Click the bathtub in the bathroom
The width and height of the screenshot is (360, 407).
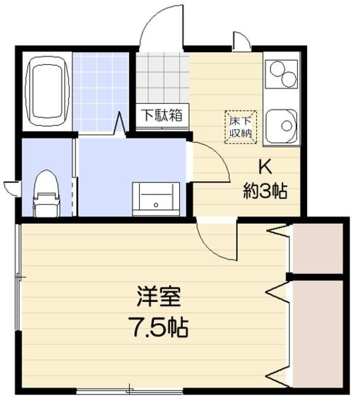point(47,90)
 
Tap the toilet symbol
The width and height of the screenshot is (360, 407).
point(46,192)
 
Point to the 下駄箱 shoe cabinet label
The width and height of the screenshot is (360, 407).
point(162,116)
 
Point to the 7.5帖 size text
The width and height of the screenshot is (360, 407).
point(159,328)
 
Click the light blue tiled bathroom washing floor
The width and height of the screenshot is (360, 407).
point(100,92)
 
